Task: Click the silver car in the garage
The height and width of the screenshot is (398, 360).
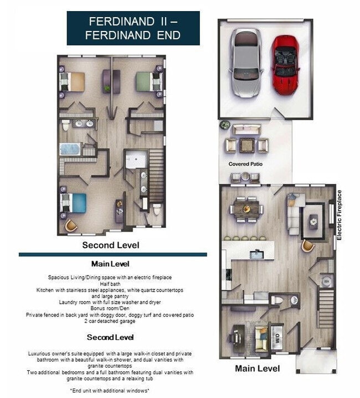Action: click(x=246, y=63)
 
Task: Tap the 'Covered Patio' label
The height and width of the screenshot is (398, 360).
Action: click(x=245, y=164)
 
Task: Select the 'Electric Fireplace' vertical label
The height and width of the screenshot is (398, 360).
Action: click(x=340, y=215)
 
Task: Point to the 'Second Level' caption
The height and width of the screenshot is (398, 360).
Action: click(x=111, y=245)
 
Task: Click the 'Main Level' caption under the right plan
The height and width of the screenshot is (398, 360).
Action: click(x=258, y=368)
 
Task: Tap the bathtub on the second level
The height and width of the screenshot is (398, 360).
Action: click(x=70, y=149)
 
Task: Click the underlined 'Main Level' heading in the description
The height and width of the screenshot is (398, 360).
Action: click(x=110, y=264)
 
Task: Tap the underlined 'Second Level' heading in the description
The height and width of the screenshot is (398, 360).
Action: click(x=110, y=337)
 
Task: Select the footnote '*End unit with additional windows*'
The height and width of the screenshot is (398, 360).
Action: click(x=111, y=391)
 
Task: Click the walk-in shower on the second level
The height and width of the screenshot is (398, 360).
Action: click(x=135, y=161)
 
